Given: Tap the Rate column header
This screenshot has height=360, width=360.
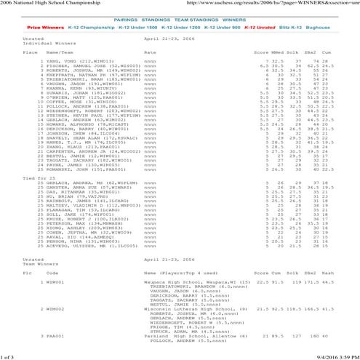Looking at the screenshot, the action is [150, 53].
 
